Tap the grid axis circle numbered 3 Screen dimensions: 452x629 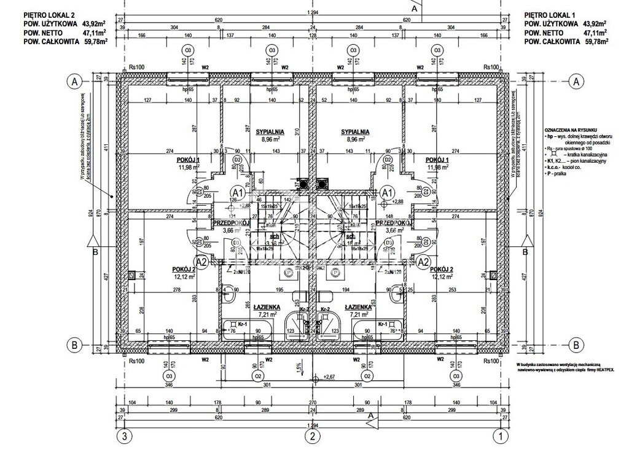[125, 437]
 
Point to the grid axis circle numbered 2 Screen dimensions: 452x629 [313, 437]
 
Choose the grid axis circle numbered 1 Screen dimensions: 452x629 [502, 437]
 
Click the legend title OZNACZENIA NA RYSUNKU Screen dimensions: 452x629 [570, 130]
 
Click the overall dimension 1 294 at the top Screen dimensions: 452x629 [314, 13]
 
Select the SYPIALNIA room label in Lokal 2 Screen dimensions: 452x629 [269, 131]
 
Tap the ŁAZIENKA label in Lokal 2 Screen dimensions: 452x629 [270, 306]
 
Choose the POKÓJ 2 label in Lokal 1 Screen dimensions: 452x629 [442, 269]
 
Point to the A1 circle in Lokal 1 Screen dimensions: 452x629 [387, 193]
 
